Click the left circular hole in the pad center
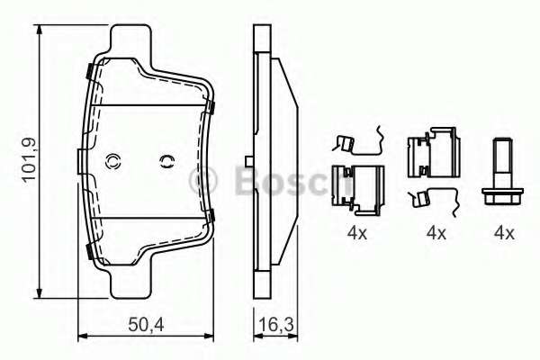click(x=113, y=162)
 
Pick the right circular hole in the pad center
click(x=165, y=162)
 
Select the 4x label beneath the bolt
click(x=503, y=232)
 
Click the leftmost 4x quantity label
click(x=357, y=232)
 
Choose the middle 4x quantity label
click(x=436, y=232)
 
